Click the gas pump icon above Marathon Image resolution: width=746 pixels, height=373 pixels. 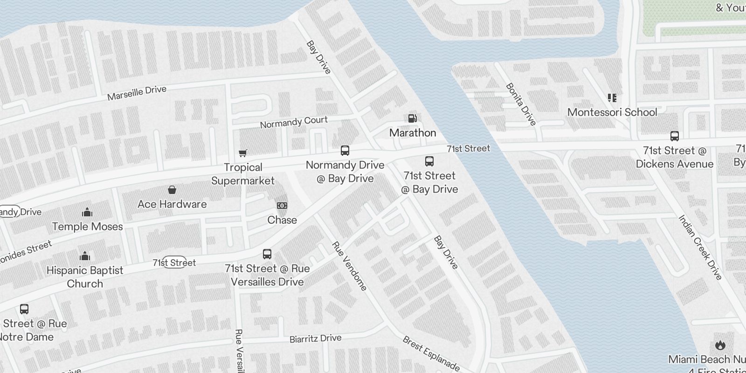click(412, 118)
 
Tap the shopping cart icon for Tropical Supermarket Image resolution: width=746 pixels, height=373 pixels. click(242, 153)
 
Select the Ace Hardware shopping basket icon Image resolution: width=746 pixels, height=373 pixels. click(172, 190)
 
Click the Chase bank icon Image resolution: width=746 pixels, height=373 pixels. click(282, 206)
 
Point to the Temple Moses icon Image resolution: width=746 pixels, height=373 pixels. click(87, 213)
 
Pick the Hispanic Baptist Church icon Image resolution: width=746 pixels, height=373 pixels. click(85, 256)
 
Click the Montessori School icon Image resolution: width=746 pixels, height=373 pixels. click(612, 98)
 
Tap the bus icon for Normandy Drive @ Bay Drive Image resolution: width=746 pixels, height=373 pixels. click(345, 151)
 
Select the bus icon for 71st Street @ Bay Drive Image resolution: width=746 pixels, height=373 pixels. click(429, 161)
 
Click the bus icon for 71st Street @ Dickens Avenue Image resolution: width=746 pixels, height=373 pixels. click(674, 136)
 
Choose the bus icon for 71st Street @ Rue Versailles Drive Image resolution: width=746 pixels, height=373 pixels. click(267, 254)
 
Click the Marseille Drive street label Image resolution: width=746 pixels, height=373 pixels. click(137, 93)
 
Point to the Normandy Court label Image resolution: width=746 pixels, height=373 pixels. click(294, 122)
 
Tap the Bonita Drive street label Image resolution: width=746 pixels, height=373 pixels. click(521, 104)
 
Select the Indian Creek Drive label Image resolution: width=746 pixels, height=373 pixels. click(700, 247)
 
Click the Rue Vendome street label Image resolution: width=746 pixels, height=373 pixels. click(349, 266)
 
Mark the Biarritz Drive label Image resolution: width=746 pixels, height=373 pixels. click(315, 338)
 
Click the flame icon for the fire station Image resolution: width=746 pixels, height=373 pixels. click(720, 345)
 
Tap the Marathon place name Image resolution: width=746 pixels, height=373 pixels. click(413, 133)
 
